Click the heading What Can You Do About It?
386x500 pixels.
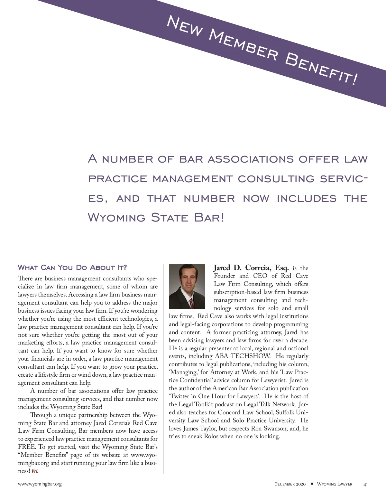(72, 268)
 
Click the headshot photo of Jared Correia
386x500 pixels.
(187, 287)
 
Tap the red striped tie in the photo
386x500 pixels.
(192, 303)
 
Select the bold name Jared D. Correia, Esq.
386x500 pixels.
(251, 268)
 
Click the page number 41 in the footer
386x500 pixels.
(365, 484)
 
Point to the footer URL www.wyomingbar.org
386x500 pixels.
(40, 484)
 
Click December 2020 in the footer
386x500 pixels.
(290, 484)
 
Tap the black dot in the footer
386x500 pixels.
(312, 484)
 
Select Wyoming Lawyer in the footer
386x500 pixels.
(335, 484)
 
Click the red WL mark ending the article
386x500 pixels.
(35, 471)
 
